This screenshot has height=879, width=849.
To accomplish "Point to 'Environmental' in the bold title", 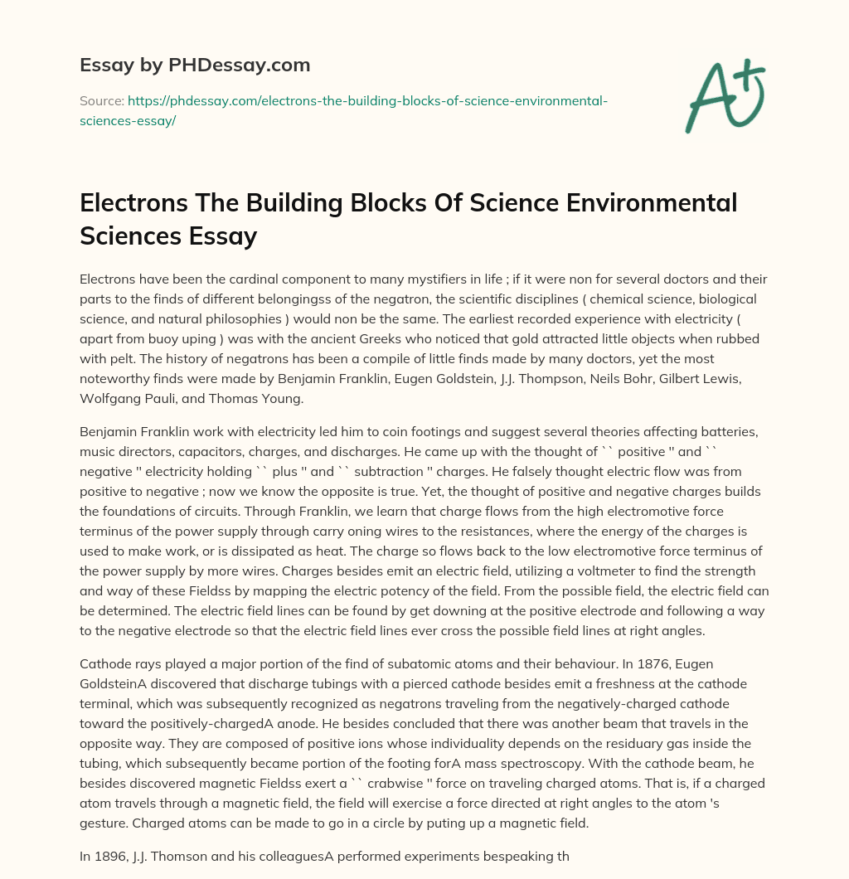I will pyautogui.click(x=638, y=202).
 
